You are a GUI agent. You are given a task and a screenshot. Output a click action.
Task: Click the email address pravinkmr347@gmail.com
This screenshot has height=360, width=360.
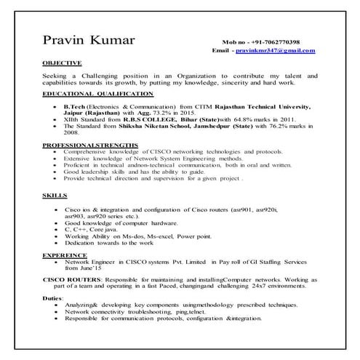(x=278, y=51)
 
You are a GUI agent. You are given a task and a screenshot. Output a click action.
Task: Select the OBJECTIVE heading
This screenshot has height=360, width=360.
(x=62, y=63)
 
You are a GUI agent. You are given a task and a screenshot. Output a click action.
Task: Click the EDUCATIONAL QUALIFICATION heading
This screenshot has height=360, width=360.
(x=98, y=94)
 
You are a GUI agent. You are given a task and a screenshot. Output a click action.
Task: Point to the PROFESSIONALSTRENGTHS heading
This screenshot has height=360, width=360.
(x=89, y=145)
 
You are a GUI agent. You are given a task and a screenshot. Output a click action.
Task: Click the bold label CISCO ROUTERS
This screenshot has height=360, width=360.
(x=71, y=279)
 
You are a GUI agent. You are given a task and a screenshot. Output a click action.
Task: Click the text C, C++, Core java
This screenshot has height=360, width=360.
(x=92, y=230)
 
